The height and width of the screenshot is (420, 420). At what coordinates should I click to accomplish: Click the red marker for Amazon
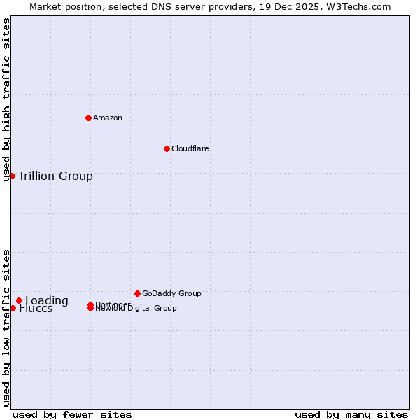88,118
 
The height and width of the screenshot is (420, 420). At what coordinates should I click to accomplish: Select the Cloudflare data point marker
167,148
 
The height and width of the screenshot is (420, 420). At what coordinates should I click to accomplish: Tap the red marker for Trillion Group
12,176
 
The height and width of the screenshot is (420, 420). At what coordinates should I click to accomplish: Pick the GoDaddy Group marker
137,293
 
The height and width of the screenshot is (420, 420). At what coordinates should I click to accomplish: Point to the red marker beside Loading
19,301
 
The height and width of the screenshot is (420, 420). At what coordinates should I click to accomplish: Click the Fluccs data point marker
13,308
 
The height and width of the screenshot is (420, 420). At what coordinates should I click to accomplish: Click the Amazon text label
108,118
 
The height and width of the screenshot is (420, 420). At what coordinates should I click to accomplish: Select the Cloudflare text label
190,148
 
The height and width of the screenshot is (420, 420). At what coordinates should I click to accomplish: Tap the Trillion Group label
56,176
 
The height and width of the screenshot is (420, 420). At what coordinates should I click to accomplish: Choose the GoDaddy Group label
171,293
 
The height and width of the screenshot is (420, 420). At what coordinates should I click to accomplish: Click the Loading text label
47,301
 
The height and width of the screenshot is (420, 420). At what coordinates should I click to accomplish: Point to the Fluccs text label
36,309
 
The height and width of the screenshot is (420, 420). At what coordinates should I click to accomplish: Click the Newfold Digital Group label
136,308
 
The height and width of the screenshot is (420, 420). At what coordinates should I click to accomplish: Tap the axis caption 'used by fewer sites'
72,414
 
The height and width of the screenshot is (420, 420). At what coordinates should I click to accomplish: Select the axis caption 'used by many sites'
351,414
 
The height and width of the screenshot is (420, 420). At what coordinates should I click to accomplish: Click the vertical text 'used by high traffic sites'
7,99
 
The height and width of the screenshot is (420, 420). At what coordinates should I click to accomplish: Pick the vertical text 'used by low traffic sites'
7,327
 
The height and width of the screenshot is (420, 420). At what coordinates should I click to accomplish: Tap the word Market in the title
45,6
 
